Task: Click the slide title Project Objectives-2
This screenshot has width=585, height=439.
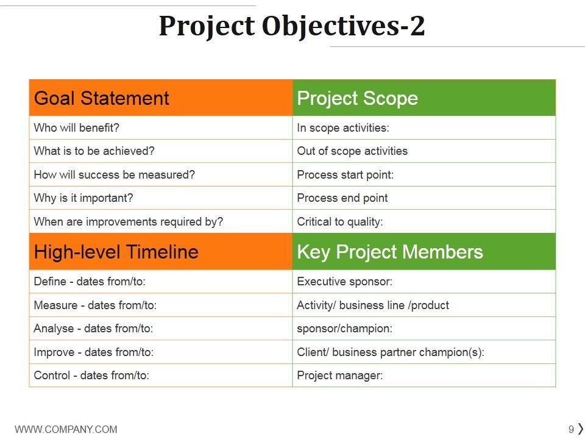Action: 292,26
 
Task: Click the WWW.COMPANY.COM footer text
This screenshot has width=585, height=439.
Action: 66,429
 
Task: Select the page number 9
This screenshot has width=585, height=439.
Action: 571,429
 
